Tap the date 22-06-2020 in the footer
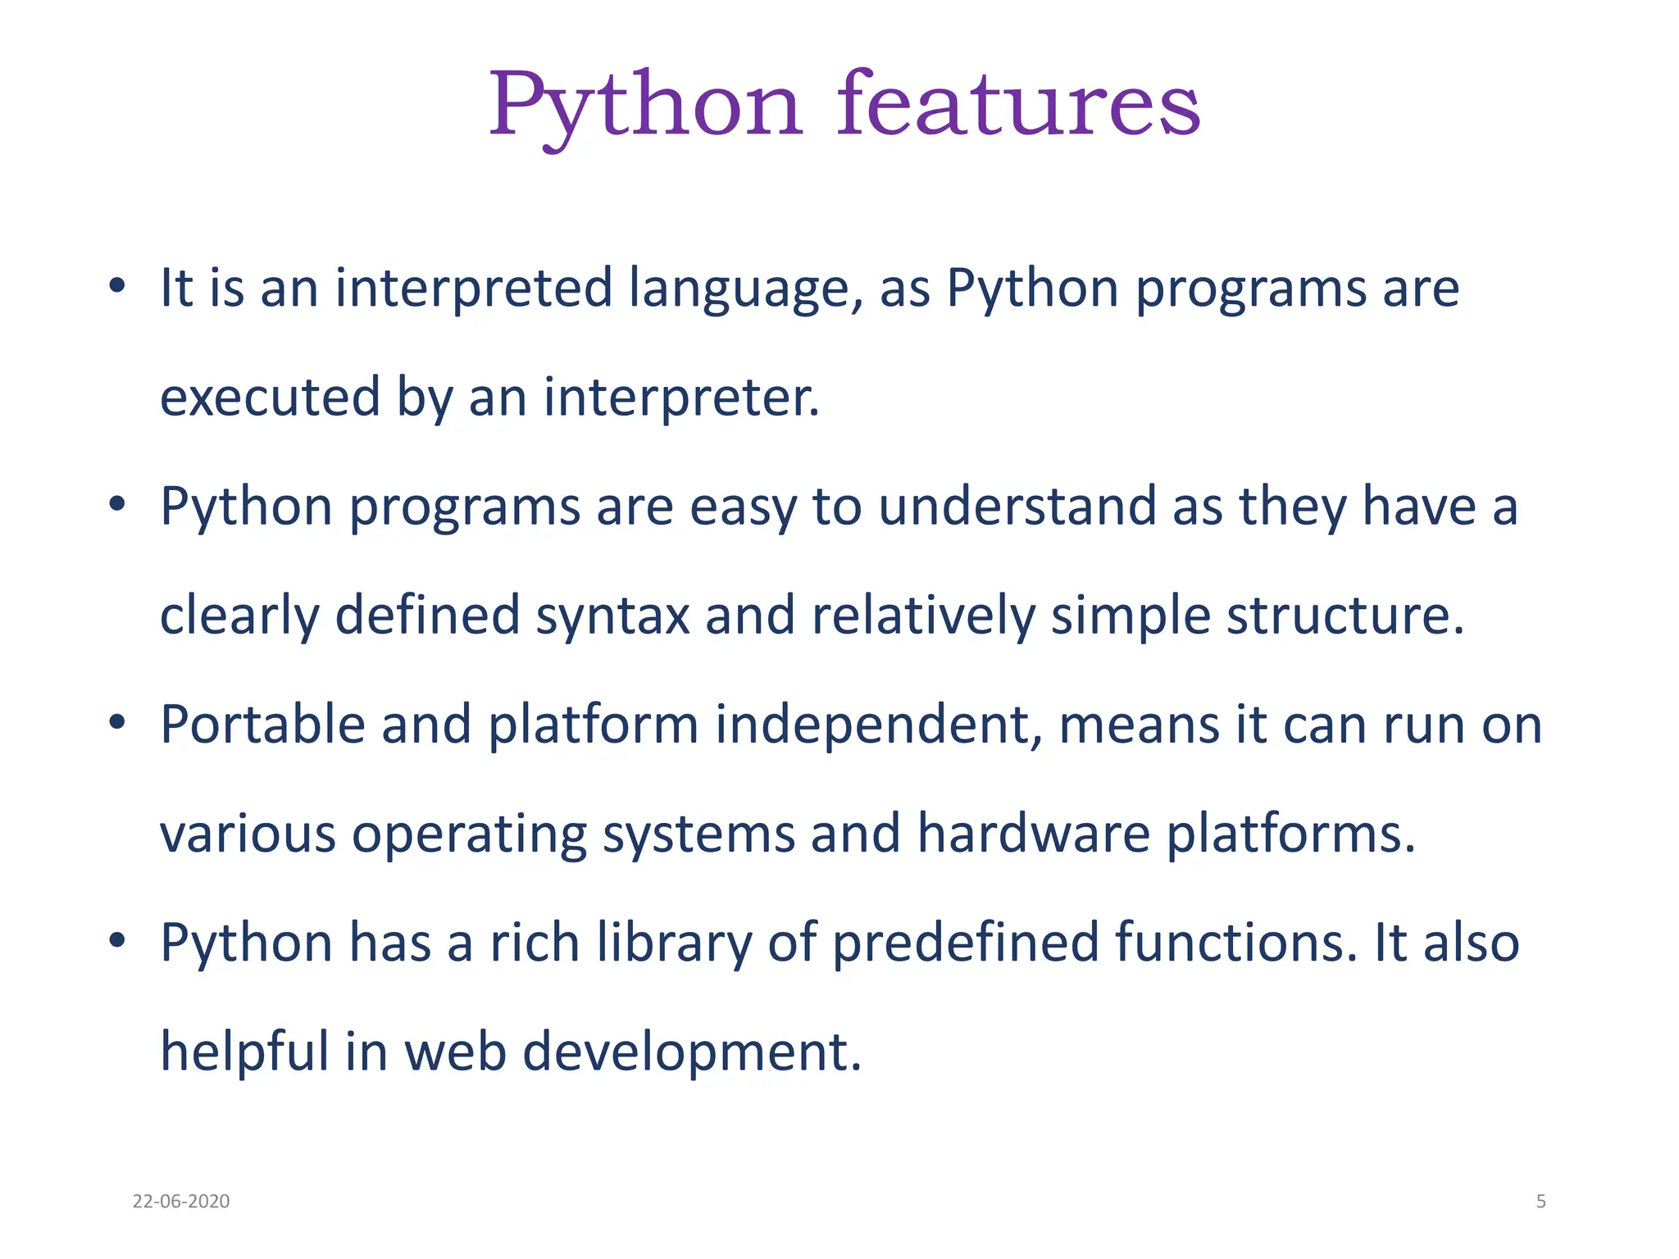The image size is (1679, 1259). coord(180,1201)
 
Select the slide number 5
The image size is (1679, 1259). coord(1540,1201)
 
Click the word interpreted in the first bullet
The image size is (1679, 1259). coord(473,289)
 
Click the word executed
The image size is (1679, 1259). coord(270,397)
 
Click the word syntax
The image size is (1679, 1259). coord(612,616)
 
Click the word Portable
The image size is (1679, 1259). coord(262,725)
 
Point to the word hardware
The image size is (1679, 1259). coord(1033,834)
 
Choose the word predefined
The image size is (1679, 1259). coord(965,943)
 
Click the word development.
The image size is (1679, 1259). coord(691,1052)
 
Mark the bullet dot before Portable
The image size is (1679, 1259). coord(117,722)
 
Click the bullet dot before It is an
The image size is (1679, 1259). coord(117,285)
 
